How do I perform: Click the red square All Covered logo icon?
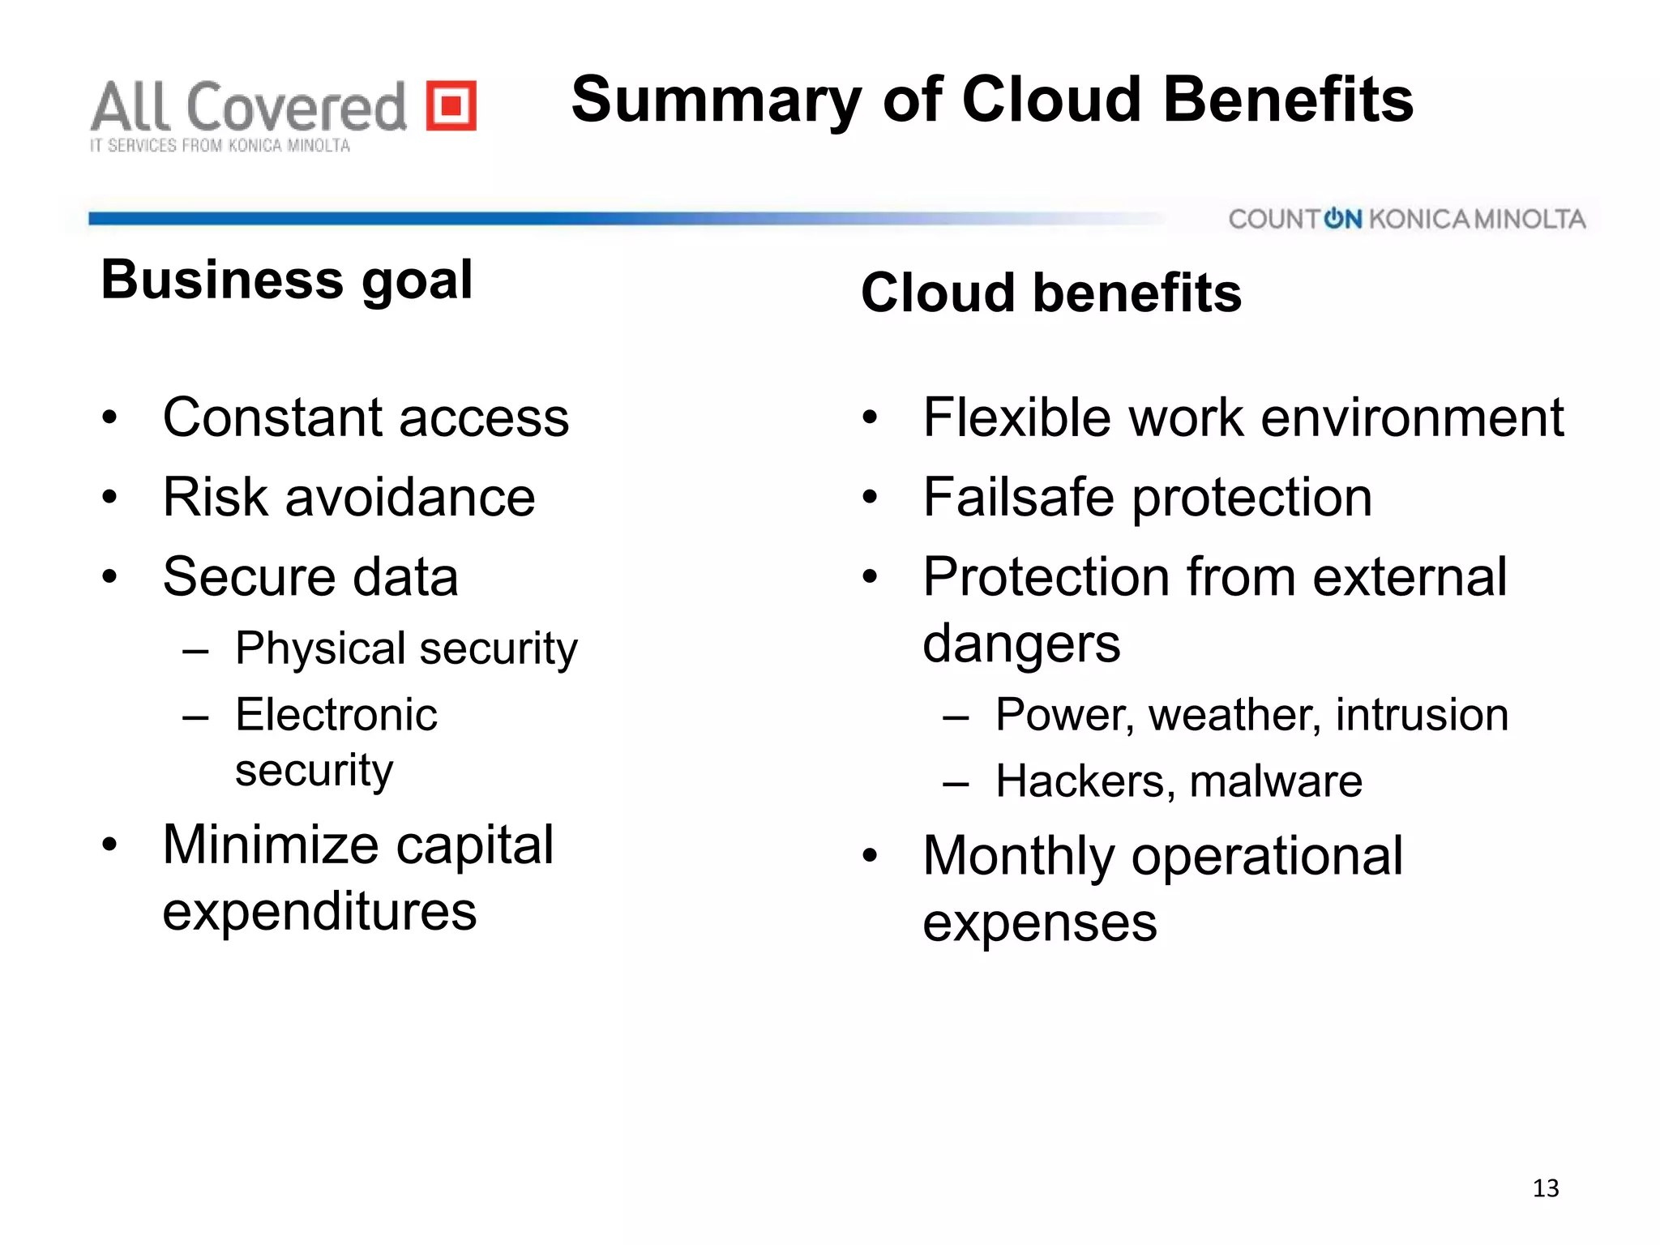tap(451, 105)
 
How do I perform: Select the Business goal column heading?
tap(287, 280)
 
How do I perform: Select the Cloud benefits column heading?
tap(1050, 293)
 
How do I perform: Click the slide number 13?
tap(1546, 1188)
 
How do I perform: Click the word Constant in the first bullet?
tap(272, 418)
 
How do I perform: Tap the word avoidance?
tap(409, 497)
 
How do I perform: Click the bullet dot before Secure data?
tap(110, 577)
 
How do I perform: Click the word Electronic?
tap(336, 715)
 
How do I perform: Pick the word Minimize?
tap(271, 845)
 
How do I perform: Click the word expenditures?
tap(319, 913)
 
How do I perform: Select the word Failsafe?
tap(1018, 497)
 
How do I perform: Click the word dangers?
tap(1021, 644)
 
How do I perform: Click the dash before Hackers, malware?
tap(956, 784)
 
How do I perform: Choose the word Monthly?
tap(1019, 857)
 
